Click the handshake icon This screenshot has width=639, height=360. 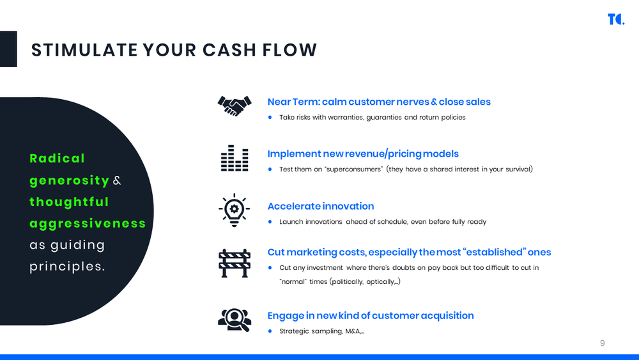pos(234,106)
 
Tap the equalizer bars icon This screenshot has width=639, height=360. pos(234,158)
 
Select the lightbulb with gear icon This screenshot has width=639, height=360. pos(234,209)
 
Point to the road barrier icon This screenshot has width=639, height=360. pos(234,262)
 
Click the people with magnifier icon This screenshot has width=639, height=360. pos(234,319)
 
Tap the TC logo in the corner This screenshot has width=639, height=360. pos(615,19)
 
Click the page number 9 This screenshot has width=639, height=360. pos(602,343)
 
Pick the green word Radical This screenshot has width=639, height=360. pos(58,158)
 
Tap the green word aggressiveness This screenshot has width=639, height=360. pos(88,223)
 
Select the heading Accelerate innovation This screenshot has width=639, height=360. pos(320,206)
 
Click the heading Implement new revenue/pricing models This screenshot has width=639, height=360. pos(362,153)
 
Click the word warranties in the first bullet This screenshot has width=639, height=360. pos(346,118)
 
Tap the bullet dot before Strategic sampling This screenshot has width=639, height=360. pos(270,331)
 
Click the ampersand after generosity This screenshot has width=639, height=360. pos(116,181)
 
